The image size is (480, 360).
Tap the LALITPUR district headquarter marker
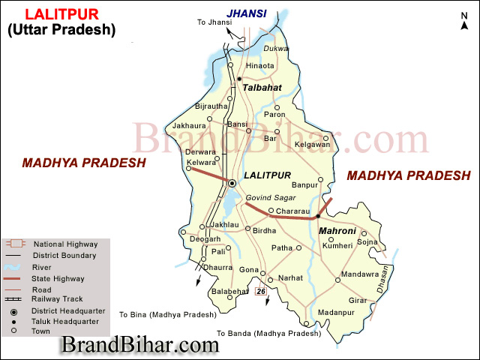click(x=232, y=183)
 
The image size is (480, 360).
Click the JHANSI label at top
click(x=247, y=12)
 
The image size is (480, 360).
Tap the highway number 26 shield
click(x=261, y=291)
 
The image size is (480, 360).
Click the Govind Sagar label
click(x=271, y=198)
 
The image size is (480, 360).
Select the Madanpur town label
click(x=334, y=311)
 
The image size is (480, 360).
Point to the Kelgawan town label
click(x=312, y=144)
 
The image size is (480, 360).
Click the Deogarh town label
click(x=205, y=239)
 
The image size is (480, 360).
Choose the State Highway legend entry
click(x=58, y=277)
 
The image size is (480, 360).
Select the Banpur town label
click(x=304, y=184)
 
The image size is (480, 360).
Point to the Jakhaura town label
click(x=188, y=126)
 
